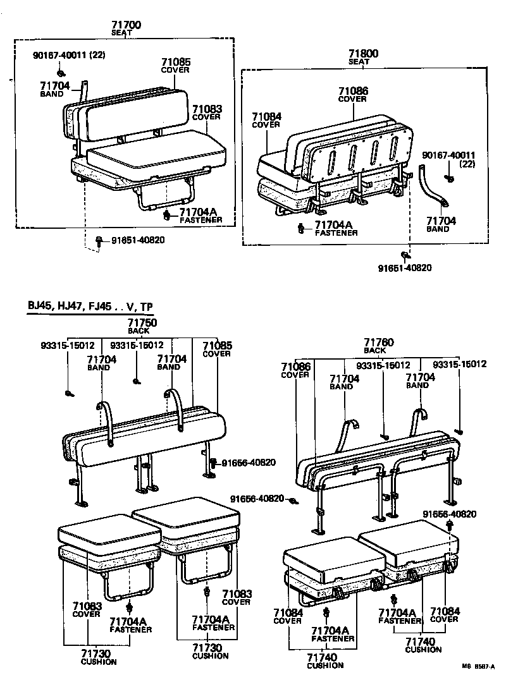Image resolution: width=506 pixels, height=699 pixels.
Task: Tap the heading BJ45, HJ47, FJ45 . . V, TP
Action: tap(90, 307)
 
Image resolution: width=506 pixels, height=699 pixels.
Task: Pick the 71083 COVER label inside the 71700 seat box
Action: tap(207, 112)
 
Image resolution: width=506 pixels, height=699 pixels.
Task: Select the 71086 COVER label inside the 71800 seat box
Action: tap(352, 94)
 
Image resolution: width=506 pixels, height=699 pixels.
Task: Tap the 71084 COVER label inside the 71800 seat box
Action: tap(266, 120)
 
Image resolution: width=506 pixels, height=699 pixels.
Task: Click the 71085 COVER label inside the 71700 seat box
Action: tap(175, 66)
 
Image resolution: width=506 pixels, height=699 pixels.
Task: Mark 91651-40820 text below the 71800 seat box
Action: tap(405, 267)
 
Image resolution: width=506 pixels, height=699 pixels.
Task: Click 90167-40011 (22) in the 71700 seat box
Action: tap(69, 55)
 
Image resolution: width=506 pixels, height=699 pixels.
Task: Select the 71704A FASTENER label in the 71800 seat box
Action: tap(336, 228)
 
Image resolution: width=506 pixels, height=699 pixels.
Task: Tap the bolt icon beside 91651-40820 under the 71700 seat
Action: tap(100, 240)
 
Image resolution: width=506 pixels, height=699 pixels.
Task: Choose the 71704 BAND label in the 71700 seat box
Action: tap(53, 89)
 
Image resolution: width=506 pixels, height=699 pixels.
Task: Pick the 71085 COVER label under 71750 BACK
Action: tap(217, 349)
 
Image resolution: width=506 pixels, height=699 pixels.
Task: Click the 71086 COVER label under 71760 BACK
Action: tap(295, 370)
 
